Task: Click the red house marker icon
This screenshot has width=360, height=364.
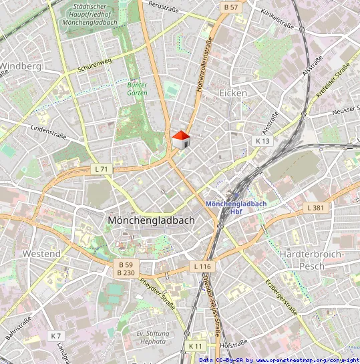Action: coord(180,140)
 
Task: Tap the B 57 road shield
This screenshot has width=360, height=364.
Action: coord(230,7)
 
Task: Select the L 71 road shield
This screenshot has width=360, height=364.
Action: coord(101,170)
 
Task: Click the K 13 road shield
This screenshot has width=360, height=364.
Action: coord(262,141)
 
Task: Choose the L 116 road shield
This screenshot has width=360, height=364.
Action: coord(202,266)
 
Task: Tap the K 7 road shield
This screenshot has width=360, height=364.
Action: coord(55,335)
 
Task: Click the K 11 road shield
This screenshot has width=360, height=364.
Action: coord(195,346)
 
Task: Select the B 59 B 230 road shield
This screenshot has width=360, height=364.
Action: coord(126,268)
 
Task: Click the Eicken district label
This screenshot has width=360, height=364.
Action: coord(232,94)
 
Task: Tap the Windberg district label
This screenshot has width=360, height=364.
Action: coord(21,66)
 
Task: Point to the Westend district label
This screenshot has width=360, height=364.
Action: coord(41,254)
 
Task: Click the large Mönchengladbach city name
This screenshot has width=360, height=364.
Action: coord(151,220)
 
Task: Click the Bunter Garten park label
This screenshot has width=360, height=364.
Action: coord(138,89)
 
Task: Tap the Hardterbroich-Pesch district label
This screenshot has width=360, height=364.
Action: coord(311,260)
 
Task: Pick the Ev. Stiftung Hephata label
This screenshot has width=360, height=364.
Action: coord(151,337)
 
